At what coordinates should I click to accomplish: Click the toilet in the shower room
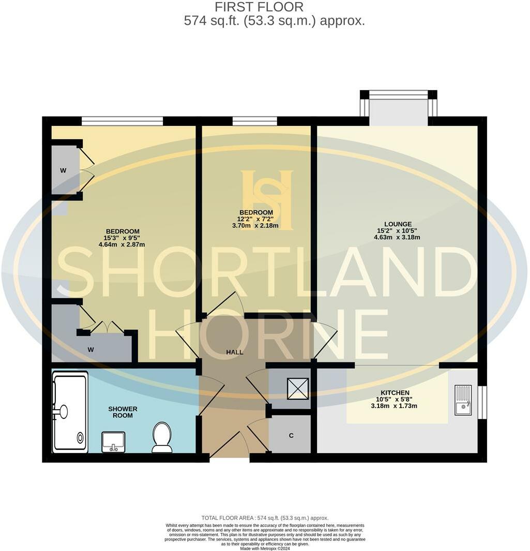coord(162,437)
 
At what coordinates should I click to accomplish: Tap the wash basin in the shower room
coord(113,442)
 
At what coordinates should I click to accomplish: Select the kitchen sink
coord(463,400)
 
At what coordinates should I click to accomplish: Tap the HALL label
coord(234,352)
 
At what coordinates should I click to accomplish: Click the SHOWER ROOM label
coord(123,412)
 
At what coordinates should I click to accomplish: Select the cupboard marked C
coord(291,436)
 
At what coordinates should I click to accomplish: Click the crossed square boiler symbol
coord(297,389)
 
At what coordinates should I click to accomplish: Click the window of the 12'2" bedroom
coord(254,121)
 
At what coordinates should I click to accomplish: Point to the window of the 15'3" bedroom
coord(123,121)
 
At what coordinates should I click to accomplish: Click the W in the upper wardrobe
coord(63,170)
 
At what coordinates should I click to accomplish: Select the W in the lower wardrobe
coord(90,350)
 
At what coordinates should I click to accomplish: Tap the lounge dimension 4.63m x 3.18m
coord(397,238)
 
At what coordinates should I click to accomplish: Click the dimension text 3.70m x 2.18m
coord(255,225)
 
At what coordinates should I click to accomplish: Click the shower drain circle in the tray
coord(80,438)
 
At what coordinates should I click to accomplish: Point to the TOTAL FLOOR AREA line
coord(265,518)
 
